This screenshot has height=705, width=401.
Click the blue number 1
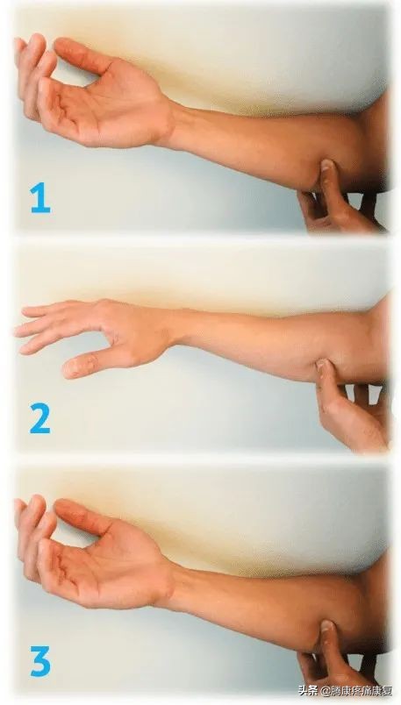pyautogui.click(x=40, y=197)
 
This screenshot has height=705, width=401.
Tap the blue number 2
pyautogui.click(x=39, y=418)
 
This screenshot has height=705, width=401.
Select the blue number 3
pyautogui.click(x=39, y=660)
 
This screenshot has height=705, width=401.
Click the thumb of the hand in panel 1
pyautogui.click(x=81, y=56)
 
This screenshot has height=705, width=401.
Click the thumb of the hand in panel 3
pyautogui.click(x=81, y=517)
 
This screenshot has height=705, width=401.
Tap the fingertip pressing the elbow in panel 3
pyautogui.click(x=326, y=626)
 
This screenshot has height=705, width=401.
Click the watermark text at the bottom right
pyautogui.click(x=344, y=690)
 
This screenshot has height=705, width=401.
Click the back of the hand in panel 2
pyautogui.click(x=131, y=328)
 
